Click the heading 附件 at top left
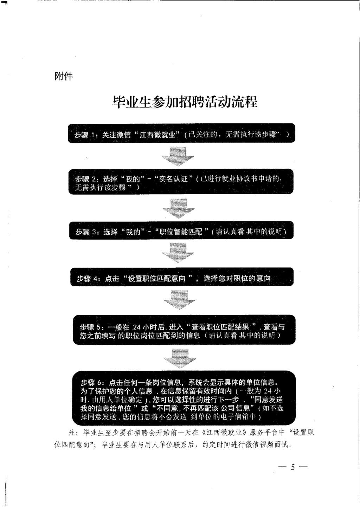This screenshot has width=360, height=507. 64,76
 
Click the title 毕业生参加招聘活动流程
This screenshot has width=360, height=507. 185,102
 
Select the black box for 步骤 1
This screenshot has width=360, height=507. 181,134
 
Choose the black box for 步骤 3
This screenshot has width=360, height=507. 181,231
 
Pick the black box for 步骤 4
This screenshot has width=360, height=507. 182,278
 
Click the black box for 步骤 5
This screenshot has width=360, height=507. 184,330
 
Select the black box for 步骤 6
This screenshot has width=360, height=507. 184,398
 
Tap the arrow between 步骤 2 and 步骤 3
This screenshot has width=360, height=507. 179,208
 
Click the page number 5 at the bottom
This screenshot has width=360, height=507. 292,467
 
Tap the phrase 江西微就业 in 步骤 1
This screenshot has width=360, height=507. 157,135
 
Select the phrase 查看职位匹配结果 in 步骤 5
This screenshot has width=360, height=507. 220,326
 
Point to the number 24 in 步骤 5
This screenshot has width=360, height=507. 137,327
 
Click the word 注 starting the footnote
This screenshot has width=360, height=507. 72,433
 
